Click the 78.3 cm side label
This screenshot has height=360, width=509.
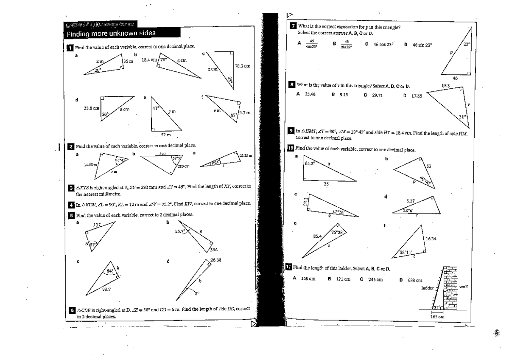click(242, 66)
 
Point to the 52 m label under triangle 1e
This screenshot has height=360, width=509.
click(166, 135)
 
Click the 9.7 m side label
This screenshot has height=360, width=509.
click(245, 112)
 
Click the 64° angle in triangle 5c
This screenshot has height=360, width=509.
click(109, 271)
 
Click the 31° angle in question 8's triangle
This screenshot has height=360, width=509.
click(462, 117)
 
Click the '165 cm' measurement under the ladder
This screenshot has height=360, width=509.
click(436, 316)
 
